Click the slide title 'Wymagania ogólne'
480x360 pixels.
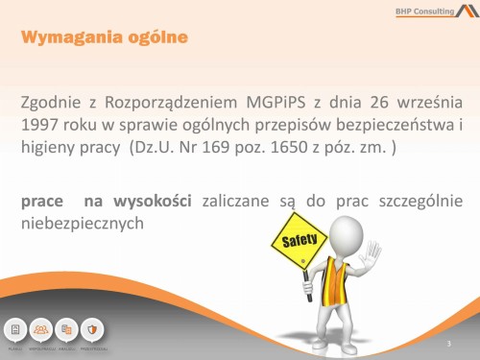point(102,38)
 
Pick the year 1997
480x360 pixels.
point(42,125)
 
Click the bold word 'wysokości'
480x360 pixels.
point(153,201)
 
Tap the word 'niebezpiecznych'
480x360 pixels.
point(82,224)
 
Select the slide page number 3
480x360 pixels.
point(448,342)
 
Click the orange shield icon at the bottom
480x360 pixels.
point(91,328)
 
